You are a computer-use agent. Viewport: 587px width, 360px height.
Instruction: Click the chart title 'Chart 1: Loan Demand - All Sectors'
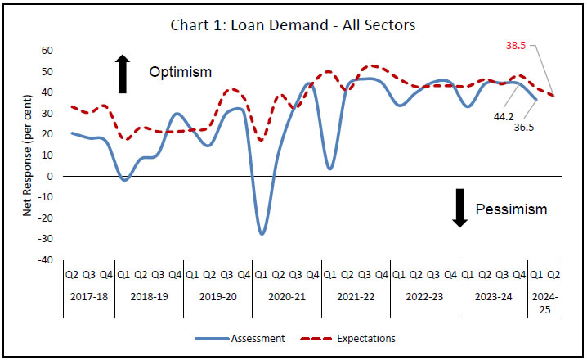pos(293,25)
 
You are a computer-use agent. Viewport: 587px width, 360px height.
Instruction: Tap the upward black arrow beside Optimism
pos(123,73)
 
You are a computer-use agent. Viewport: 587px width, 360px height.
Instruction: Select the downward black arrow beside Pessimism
pos(460,208)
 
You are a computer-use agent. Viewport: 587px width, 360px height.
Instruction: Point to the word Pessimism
pos(512,209)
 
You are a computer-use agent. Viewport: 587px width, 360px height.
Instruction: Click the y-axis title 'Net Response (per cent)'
pos(27,155)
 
